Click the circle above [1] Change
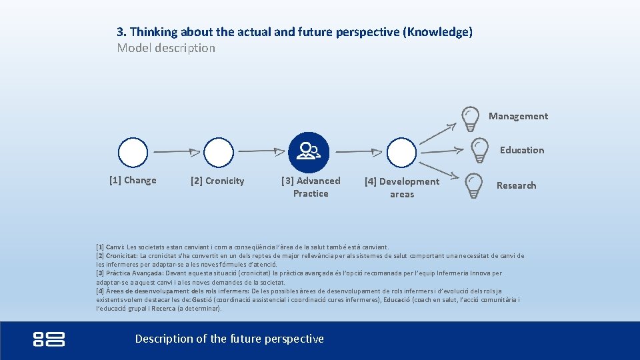coord(133,153)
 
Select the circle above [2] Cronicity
coord(219,153)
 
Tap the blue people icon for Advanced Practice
coord(309,153)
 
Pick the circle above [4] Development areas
coord(401,153)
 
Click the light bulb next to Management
coord(470,118)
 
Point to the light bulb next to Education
coord(479,151)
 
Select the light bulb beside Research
coord(473,186)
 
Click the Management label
coord(518,116)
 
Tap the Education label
coord(522,150)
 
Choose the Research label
coord(516,185)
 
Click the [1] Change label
coord(133,180)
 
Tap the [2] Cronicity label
coord(217,181)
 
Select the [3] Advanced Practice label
coord(311,187)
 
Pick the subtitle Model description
coord(166,48)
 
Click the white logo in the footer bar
coord(49,339)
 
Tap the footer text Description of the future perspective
coord(229,339)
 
